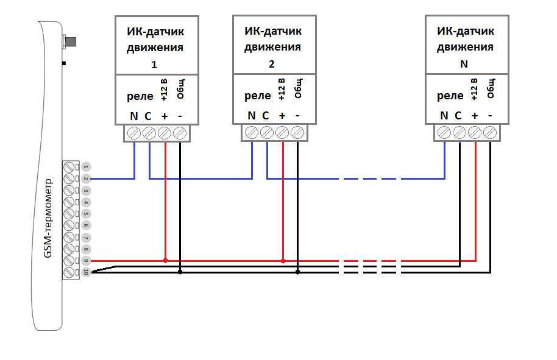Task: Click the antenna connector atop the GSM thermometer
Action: pyautogui.click(x=69, y=42)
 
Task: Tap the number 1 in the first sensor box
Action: pyautogui.click(x=154, y=64)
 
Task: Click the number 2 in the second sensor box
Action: pyautogui.click(x=271, y=64)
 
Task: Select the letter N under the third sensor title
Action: pyautogui.click(x=465, y=64)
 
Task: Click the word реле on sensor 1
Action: pyautogui.click(x=140, y=96)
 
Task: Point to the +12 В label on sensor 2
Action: pyautogui.click(x=282, y=89)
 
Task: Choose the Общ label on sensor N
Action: pyautogui.click(x=491, y=89)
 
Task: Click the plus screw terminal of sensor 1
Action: pyautogui.click(x=165, y=133)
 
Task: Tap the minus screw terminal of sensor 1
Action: pyautogui.click(x=180, y=133)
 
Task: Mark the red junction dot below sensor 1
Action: pyautogui.click(x=165, y=261)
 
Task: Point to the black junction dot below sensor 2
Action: pyautogui.click(x=297, y=272)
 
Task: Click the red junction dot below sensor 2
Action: pyautogui.click(x=283, y=261)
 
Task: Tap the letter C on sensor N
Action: pyautogui.click(x=458, y=116)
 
